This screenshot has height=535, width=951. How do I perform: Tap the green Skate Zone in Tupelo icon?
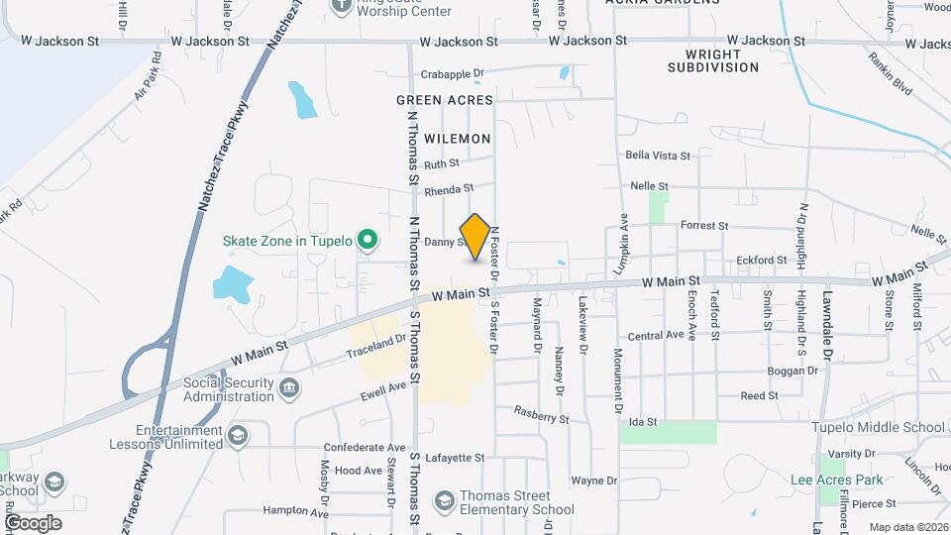(368, 239)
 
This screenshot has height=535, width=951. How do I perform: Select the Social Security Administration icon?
(288, 387)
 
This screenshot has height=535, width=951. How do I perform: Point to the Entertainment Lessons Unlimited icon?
(237, 436)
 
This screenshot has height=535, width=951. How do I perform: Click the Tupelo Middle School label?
(879, 428)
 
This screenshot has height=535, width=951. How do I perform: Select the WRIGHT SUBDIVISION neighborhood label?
(712, 60)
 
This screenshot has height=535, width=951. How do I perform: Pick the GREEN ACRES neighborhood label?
(444, 100)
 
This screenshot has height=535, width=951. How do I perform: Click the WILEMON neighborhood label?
(459, 139)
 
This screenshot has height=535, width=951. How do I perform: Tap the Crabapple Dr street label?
(451, 73)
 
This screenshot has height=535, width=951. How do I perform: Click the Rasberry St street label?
(540, 414)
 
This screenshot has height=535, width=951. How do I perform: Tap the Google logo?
(33, 522)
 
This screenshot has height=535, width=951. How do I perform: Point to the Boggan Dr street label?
(792, 371)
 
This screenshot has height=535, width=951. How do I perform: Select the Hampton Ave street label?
(295, 511)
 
